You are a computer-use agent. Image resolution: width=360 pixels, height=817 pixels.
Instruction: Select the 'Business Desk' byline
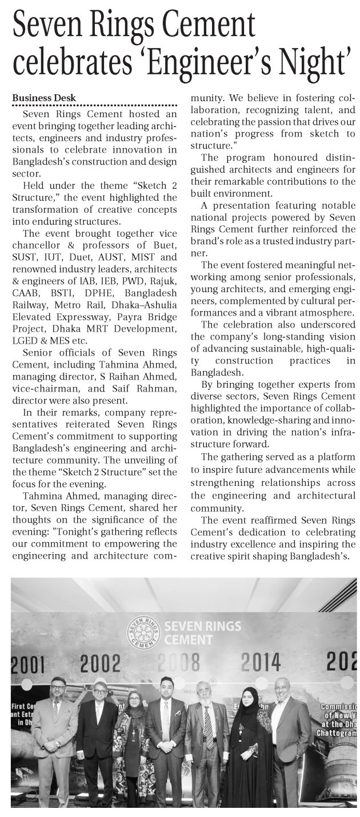click(45, 98)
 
